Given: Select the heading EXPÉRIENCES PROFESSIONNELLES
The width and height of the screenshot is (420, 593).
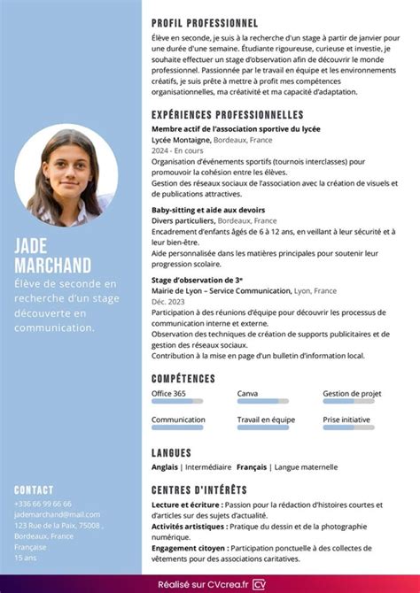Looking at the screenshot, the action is point(228,115).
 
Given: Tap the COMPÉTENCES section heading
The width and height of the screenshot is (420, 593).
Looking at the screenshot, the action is point(183,379).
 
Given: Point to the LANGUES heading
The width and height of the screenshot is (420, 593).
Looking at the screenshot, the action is point(172,452).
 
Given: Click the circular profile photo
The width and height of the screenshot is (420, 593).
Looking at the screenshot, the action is point(66,178).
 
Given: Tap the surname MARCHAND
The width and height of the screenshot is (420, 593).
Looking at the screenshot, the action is point(52,266).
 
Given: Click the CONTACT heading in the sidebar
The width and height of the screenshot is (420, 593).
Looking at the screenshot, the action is point(34,489).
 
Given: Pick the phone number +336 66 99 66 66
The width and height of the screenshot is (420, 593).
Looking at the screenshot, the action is point(43,503).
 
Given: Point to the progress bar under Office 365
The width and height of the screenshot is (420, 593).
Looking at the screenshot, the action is point(177,402).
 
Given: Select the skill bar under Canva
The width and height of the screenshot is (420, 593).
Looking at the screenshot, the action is point(263,402).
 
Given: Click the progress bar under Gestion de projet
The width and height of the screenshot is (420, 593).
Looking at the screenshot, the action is point(348,402).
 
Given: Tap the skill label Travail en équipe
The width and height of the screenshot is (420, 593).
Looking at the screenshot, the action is point(266,420).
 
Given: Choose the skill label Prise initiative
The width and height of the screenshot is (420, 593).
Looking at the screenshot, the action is point(346,420).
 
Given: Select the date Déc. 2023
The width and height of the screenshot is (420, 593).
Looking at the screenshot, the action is point(169,302).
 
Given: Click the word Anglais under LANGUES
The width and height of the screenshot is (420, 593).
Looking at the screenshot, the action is point(165,466).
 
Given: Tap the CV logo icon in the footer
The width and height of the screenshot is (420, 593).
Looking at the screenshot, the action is point(260,583).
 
